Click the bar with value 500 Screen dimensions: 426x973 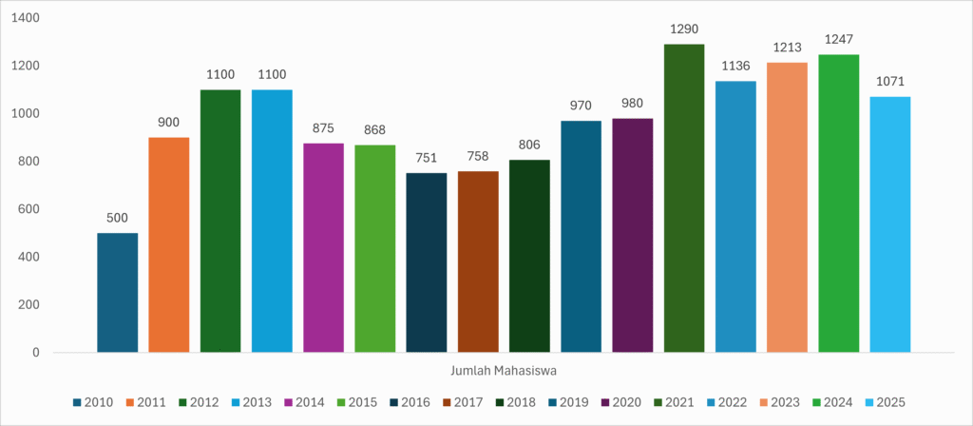(117, 293)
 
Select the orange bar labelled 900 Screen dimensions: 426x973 (169, 245)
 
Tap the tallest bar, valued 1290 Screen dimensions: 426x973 (684, 198)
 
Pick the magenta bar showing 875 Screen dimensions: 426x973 (323, 248)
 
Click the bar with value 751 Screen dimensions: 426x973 (427, 262)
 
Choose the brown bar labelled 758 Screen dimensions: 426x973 (478, 261)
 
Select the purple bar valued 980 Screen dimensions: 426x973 (633, 235)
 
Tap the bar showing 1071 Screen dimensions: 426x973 (890, 224)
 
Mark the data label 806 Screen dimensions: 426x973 (529, 145)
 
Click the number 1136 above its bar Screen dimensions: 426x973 (735, 66)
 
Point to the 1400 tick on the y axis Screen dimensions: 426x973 (28, 18)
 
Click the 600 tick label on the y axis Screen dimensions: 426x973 (31, 209)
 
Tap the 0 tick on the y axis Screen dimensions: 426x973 (36, 353)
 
